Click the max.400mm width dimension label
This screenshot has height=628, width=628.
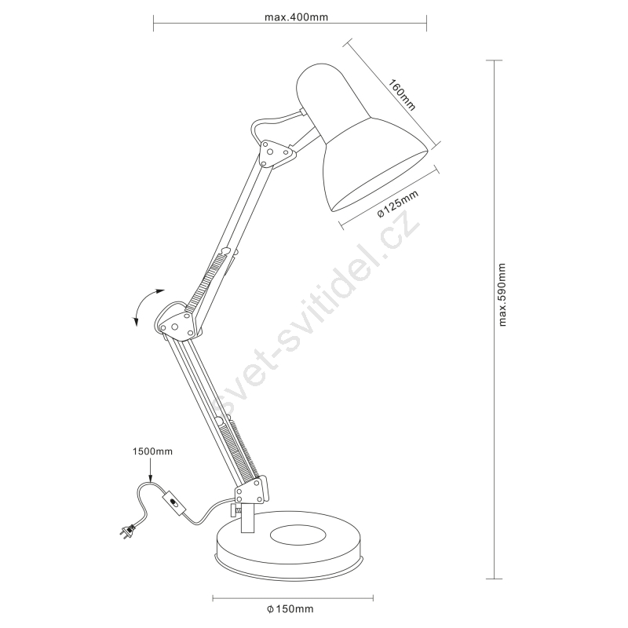tap(296, 17)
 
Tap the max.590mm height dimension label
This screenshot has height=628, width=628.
tap(502, 294)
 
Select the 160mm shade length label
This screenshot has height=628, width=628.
tap(402, 95)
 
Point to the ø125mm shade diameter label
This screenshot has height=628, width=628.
tap(398, 203)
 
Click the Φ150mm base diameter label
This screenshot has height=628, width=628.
tap(290, 609)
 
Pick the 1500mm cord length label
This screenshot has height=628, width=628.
tap(152, 451)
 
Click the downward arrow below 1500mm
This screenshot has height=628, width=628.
tap(150, 469)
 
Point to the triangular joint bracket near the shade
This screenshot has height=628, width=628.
tap(276, 152)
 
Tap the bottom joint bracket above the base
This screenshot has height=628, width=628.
tap(251, 490)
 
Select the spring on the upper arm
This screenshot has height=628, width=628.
tap(207, 279)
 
